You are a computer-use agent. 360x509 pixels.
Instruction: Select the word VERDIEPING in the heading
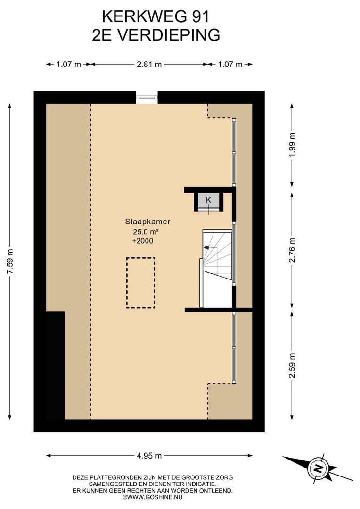[x=168, y=35]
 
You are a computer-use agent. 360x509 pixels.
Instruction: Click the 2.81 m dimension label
[x=149, y=64]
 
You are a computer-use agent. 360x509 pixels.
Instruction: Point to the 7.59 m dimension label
[x=11, y=261]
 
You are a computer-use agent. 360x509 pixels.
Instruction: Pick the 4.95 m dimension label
[x=149, y=456]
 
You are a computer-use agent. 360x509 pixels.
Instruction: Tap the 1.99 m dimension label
[x=292, y=145]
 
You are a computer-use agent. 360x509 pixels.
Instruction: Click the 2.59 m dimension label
[x=292, y=366]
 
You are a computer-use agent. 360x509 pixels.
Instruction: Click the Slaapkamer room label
[x=147, y=222]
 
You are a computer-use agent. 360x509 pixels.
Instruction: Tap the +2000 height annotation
[x=143, y=241]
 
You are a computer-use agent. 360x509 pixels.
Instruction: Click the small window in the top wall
[x=147, y=98]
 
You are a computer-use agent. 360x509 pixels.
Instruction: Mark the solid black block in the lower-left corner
[x=55, y=366]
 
